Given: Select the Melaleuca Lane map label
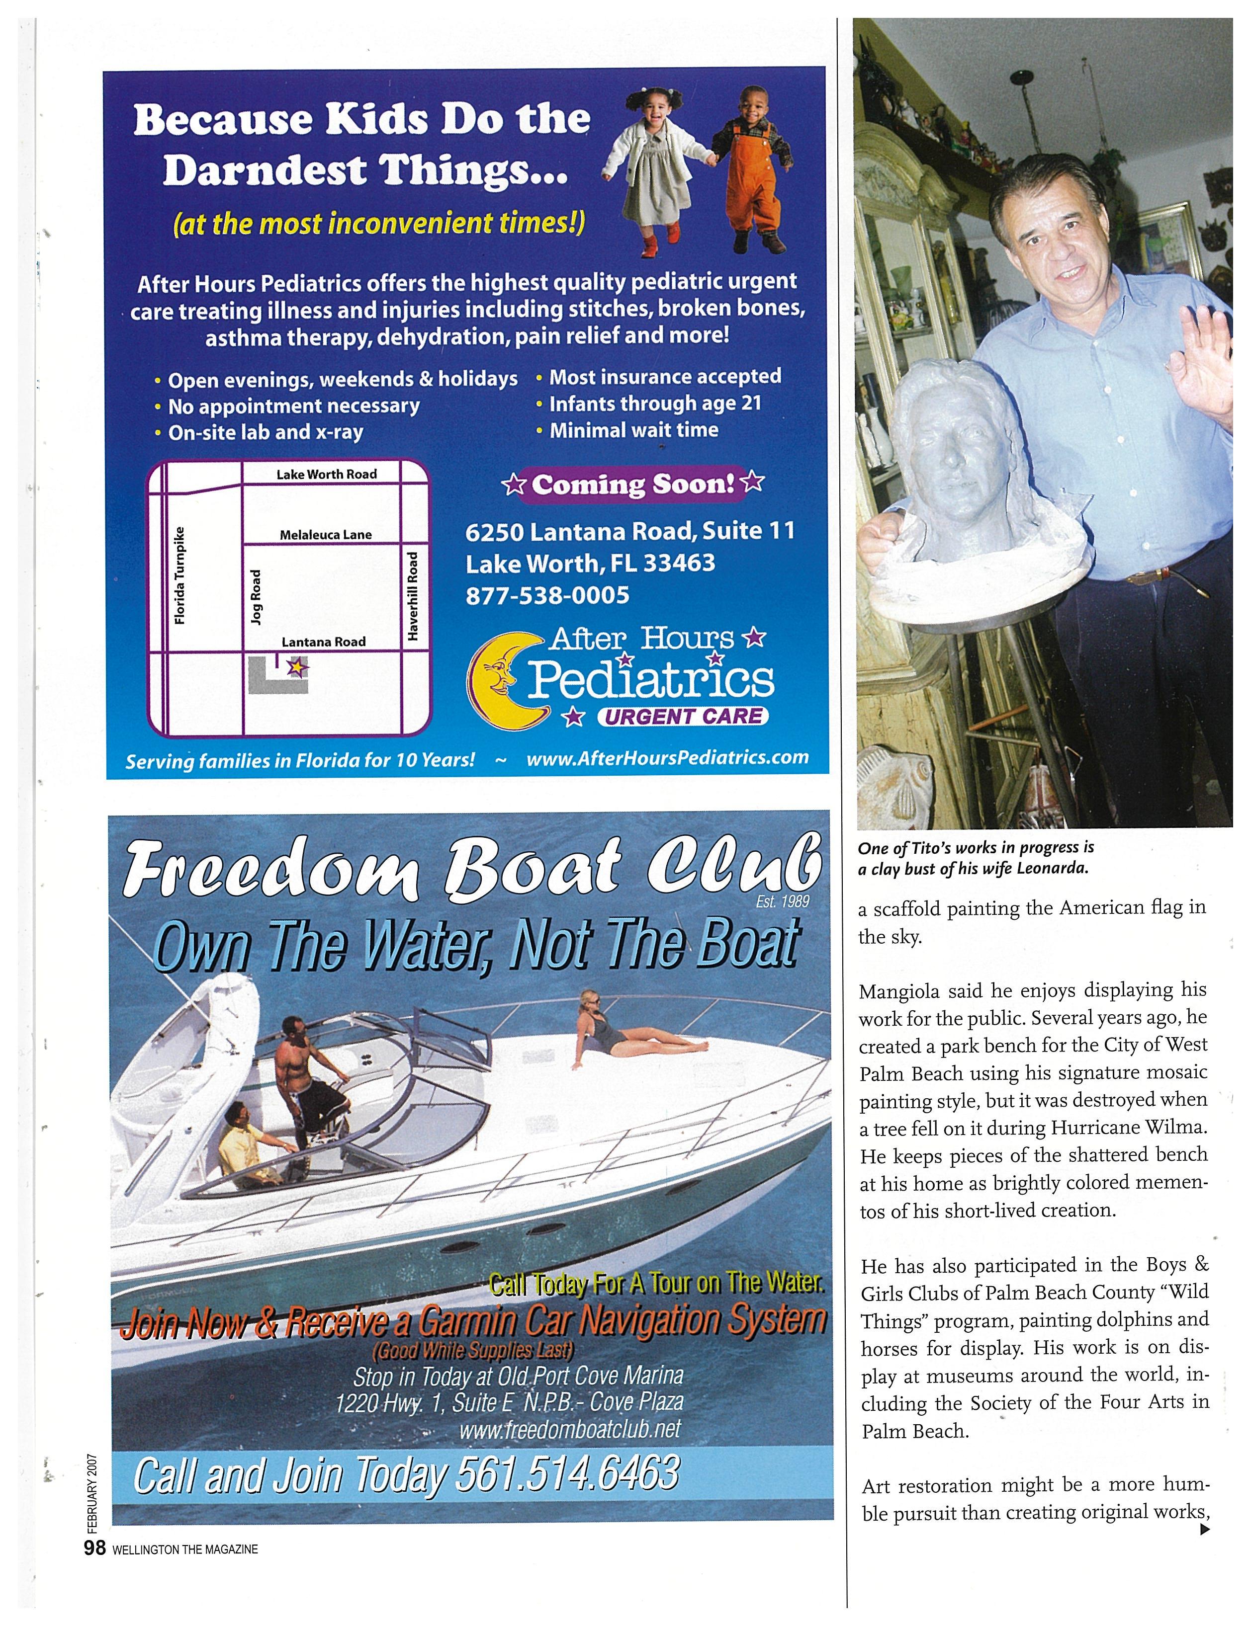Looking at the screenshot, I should pyautogui.click(x=325, y=535).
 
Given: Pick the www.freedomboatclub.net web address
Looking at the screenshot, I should pyautogui.click(x=570, y=1429).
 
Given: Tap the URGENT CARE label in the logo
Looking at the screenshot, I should pyautogui.click(x=683, y=716).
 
